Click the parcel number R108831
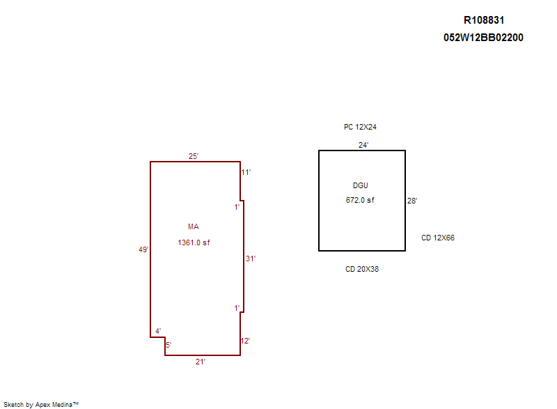click(484, 20)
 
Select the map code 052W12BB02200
click(483, 38)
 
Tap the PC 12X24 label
click(360, 127)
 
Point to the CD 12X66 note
click(438, 238)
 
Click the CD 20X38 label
click(362, 269)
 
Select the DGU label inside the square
click(360, 185)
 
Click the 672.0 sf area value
click(360, 200)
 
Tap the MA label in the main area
click(194, 226)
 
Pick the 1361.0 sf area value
click(194, 242)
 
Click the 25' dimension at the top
click(194, 156)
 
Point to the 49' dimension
click(143, 250)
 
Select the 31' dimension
click(251, 258)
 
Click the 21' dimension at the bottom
click(201, 362)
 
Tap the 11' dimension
click(246, 172)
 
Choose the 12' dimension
click(246, 341)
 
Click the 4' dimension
click(158, 331)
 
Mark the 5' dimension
click(168, 345)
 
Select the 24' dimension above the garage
click(363, 145)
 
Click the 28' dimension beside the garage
click(412, 201)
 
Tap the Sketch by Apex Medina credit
click(41, 404)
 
